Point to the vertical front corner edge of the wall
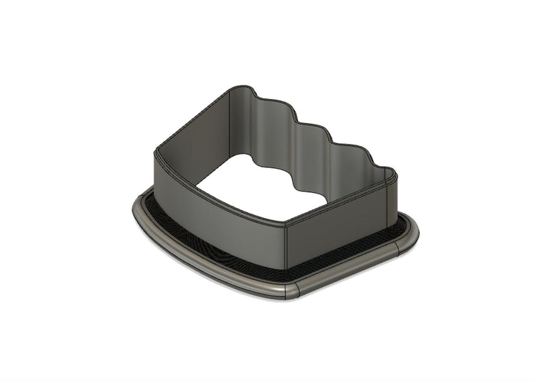[285, 246]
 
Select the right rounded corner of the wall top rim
[389, 172]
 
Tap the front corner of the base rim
[288, 290]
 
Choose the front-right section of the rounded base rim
[349, 273]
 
